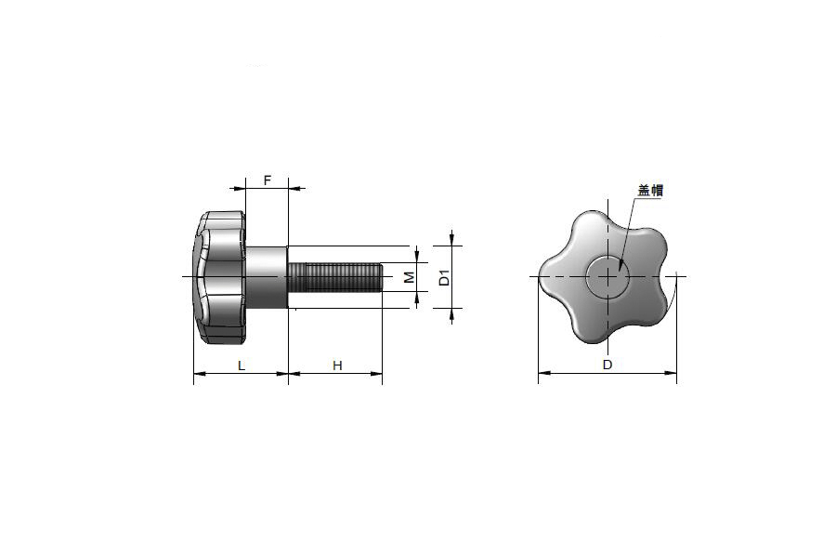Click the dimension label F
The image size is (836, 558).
(268, 180)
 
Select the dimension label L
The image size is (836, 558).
(241, 365)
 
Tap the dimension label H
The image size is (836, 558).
(337, 365)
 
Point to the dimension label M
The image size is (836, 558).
(409, 277)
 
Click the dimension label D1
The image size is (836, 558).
(445, 278)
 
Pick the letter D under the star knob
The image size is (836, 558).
(607, 365)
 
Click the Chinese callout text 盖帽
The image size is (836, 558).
(650, 191)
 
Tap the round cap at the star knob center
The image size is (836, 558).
(607, 276)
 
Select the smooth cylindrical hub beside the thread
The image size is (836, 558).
(267, 277)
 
